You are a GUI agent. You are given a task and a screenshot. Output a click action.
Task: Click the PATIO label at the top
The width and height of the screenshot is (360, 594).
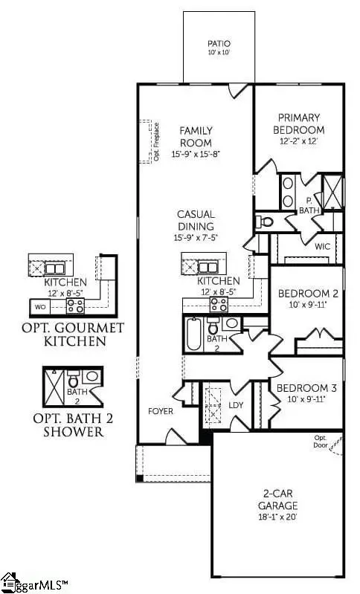click(x=219, y=44)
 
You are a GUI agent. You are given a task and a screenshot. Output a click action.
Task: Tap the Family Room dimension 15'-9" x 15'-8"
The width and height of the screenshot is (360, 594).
click(x=196, y=153)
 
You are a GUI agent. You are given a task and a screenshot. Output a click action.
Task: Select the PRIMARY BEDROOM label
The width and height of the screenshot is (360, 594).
click(x=298, y=123)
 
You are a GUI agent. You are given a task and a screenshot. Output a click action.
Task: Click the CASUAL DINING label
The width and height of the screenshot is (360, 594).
click(x=196, y=220)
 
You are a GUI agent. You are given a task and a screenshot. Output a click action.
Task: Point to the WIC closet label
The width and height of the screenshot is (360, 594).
click(x=322, y=245)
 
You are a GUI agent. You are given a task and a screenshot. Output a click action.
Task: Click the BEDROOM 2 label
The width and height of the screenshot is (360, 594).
click(x=308, y=293)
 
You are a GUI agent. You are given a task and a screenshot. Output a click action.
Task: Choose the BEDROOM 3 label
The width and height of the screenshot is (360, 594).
click(x=307, y=388)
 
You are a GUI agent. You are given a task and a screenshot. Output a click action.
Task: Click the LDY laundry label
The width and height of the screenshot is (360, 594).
click(x=237, y=405)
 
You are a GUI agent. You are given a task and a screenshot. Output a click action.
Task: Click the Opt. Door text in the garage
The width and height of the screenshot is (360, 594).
click(x=321, y=440)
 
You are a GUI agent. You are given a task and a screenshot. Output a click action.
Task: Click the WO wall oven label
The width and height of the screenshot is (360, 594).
click(x=40, y=306)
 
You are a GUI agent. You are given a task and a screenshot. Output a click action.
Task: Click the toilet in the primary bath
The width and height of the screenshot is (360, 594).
click(x=264, y=221)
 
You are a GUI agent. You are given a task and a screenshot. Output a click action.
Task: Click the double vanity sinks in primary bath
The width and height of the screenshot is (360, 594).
click(x=288, y=192)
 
